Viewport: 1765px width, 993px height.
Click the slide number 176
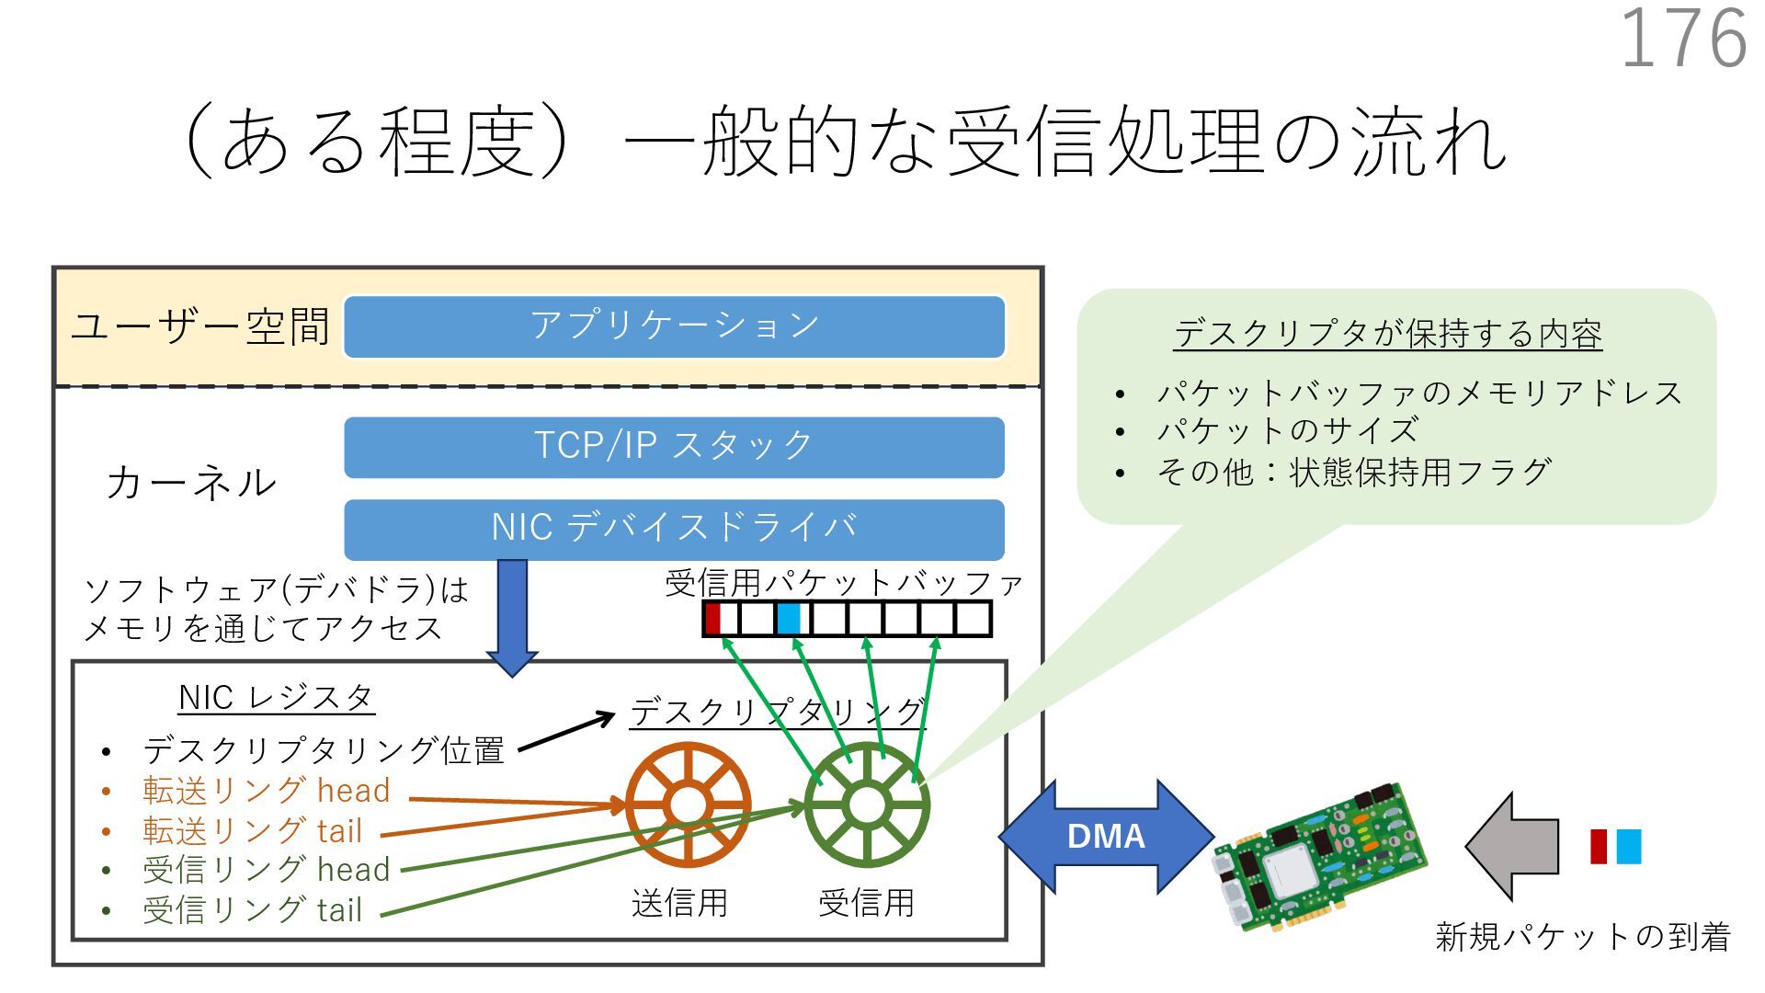[x=1683, y=39]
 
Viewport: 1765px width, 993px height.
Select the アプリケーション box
[x=674, y=326]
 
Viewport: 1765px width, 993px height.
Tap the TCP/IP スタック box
[x=674, y=447]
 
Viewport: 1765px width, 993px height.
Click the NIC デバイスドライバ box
[x=674, y=529]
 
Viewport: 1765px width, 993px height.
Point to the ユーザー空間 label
[x=200, y=326]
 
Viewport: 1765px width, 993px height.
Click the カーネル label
[x=191, y=483]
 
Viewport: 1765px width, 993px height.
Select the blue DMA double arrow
[x=1106, y=836]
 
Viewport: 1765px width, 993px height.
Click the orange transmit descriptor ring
[x=688, y=805]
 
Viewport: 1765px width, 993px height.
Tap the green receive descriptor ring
[x=866, y=805]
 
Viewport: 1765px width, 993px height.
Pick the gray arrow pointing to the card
[x=1512, y=846]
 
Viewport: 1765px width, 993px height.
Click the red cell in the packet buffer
[x=712, y=618]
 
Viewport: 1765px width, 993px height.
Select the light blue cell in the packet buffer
[x=789, y=618]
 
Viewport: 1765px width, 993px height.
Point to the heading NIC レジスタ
[x=276, y=698]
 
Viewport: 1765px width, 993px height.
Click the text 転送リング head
[x=266, y=791]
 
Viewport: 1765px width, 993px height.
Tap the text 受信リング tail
[x=252, y=910]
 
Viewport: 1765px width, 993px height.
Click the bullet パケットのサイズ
[x=1287, y=430]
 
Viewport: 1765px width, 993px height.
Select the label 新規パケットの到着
[x=1582, y=936]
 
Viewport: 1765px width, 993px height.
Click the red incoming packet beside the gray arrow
[x=1599, y=846]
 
